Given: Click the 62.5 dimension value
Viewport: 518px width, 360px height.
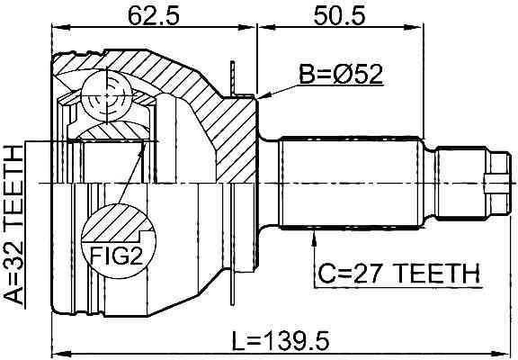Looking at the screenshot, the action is (x=153, y=15).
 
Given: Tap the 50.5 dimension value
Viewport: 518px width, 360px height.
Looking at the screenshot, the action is (x=339, y=15).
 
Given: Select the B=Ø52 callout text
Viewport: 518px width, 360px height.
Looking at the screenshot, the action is (x=341, y=74).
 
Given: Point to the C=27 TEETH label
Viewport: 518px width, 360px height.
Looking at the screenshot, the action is (x=398, y=274).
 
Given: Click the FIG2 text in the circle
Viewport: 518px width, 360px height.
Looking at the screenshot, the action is (x=116, y=256).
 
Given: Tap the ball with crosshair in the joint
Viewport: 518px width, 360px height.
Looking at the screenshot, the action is (x=107, y=95).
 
